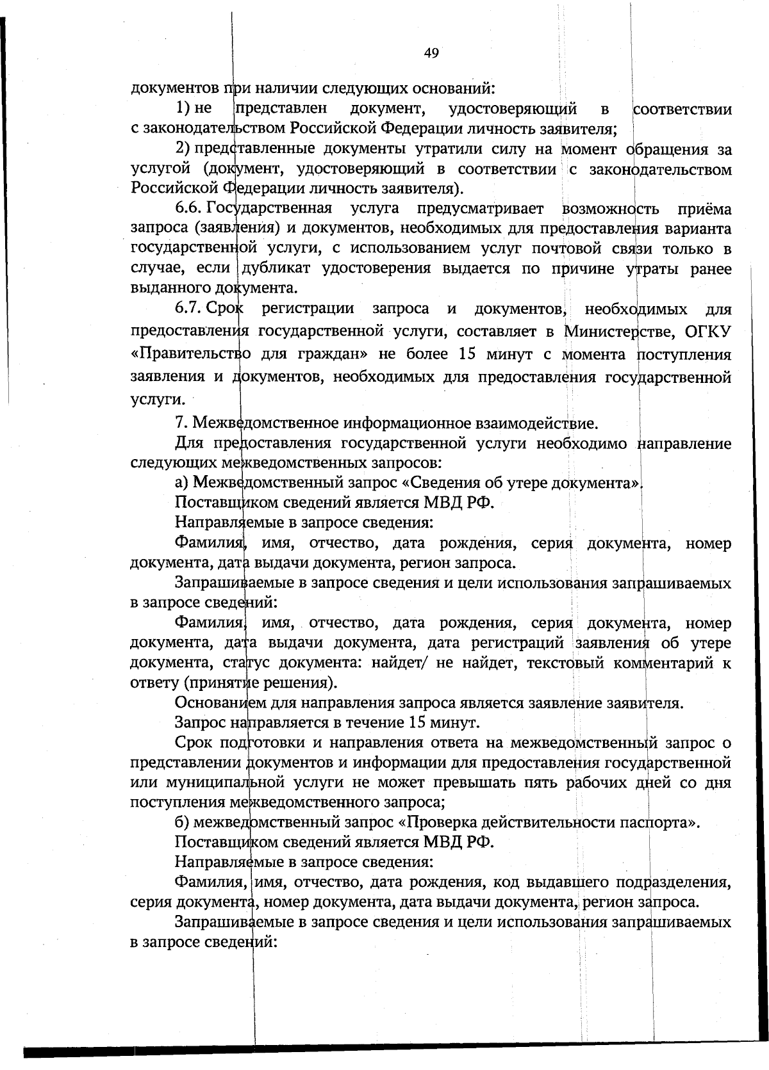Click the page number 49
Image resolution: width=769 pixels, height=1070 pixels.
coord(431,53)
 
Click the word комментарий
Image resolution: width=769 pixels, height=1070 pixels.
coord(663,663)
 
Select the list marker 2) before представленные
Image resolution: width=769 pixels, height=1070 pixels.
coord(183,149)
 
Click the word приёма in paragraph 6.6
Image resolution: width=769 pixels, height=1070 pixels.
coord(704,209)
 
